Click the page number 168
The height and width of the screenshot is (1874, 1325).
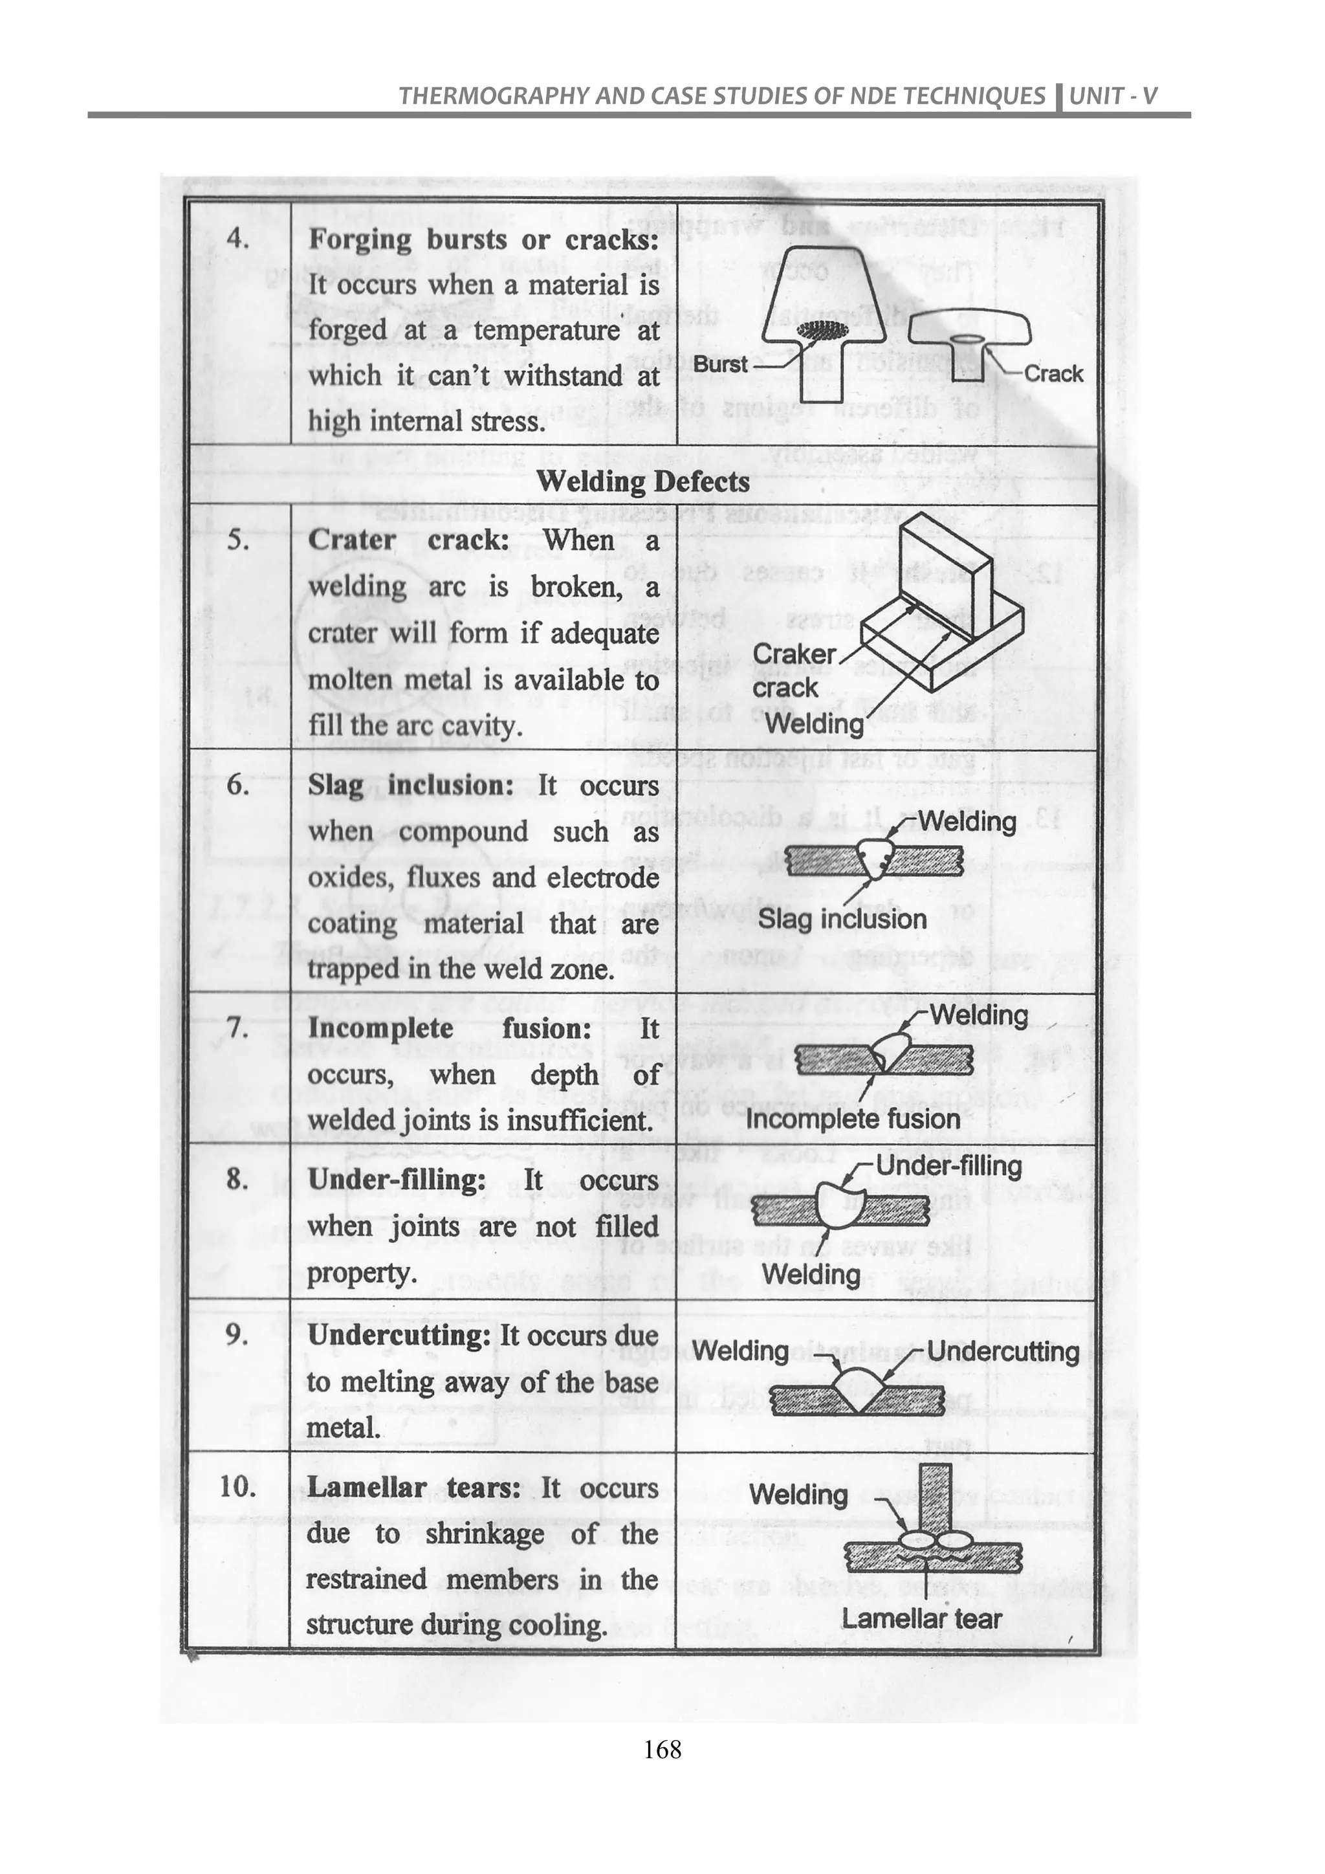click(662, 1795)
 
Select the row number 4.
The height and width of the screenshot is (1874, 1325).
click(237, 240)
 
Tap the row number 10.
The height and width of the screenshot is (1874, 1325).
click(237, 1486)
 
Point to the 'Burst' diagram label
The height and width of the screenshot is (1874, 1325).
click(721, 364)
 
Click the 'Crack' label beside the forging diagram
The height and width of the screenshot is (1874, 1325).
click(1053, 374)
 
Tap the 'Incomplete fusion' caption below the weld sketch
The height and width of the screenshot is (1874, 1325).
click(853, 1118)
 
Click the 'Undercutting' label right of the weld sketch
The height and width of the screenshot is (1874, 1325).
click(1003, 1352)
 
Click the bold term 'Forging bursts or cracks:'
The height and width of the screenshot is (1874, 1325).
click(483, 240)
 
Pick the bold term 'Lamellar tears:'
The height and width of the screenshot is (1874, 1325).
click(413, 1487)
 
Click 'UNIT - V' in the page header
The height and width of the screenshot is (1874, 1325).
click(1113, 96)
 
